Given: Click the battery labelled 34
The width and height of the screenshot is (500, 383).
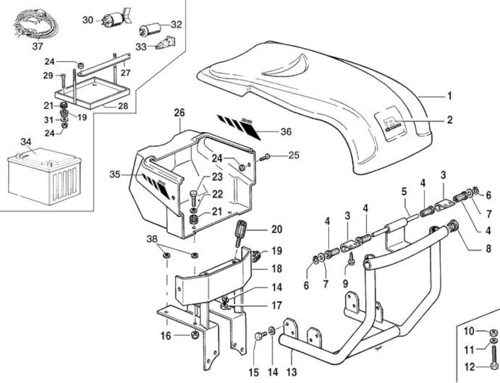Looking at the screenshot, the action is tap(45, 176).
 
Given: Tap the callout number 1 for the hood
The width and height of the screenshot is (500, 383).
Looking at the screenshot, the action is tap(449, 96).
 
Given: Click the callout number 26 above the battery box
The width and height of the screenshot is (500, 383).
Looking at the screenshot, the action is tap(179, 113).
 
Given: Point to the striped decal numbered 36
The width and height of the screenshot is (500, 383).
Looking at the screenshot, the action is tap(239, 127).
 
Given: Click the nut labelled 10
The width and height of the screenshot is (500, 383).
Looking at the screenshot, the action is tap(494, 332).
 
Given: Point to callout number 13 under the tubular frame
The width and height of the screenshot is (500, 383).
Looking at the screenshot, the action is tap(292, 372).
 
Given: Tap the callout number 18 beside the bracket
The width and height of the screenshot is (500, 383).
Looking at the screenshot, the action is tap(276, 268).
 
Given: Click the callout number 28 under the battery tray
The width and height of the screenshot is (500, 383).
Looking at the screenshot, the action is tap(123, 106).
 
